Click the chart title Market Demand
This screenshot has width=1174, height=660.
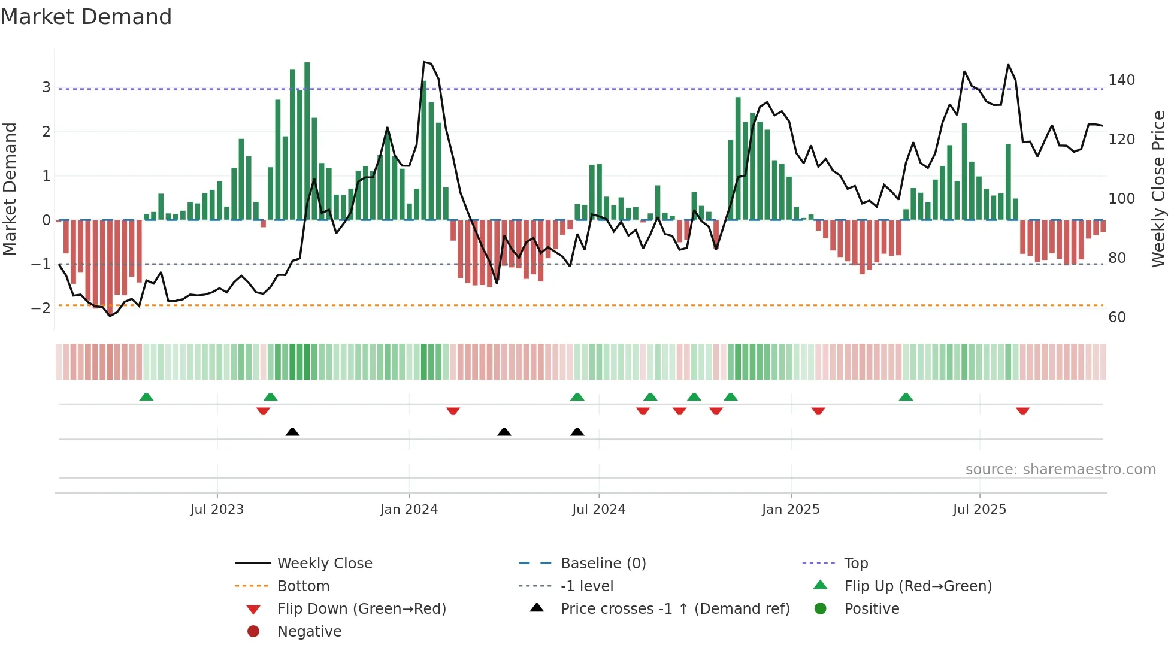[86, 17]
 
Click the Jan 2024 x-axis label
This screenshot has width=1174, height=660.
[409, 510]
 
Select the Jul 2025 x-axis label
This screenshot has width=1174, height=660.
[979, 510]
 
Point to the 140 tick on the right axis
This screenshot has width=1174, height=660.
[1121, 80]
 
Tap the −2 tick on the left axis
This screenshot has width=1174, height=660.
[41, 308]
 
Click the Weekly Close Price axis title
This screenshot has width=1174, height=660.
[1158, 189]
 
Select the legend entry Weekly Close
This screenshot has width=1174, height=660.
[324, 564]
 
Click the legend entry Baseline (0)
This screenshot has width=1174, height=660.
[603, 564]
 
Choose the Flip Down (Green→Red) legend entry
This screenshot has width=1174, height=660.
[361, 609]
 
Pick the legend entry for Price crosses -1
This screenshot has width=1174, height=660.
[674, 609]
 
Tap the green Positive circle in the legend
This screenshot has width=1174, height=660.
[821, 609]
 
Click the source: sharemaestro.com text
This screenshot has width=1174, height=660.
[1060, 470]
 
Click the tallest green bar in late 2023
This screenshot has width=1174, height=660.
[307, 141]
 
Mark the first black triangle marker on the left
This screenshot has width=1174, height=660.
[292, 432]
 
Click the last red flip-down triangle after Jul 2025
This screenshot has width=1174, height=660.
[1022, 411]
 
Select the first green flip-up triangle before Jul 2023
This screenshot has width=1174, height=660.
[146, 397]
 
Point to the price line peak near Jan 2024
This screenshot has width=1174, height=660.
[424, 62]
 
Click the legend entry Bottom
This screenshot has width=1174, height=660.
[303, 586]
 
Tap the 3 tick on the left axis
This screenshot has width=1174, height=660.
[46, 87]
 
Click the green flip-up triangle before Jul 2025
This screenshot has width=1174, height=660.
[906, 397]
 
